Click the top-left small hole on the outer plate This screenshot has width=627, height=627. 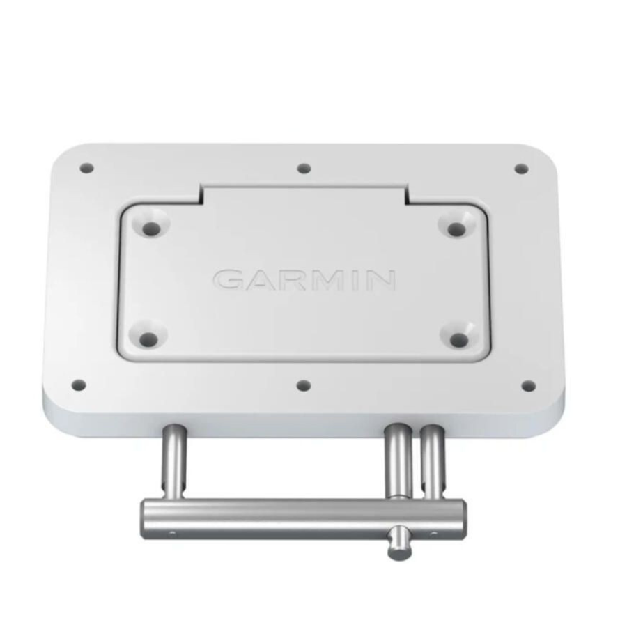pos(86,168)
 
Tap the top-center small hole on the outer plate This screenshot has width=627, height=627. pos(304,168)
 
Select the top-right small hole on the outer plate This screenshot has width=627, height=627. pos(520,169)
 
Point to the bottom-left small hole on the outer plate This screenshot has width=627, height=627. pos(79,385)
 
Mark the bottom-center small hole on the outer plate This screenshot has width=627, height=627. pos(303,385)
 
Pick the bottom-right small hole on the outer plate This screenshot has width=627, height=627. pos(529,385)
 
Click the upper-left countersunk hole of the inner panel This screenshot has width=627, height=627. pos(149,227)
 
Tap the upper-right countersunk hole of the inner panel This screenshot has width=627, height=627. pos(456,228)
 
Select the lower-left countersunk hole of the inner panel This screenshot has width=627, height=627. pos(148,339)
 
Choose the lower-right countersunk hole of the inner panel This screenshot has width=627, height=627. pos(458,339)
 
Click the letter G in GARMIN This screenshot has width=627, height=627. pos(229,280)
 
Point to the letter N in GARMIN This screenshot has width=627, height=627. pos(381,280)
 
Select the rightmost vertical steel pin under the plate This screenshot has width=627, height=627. pos(433,460)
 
